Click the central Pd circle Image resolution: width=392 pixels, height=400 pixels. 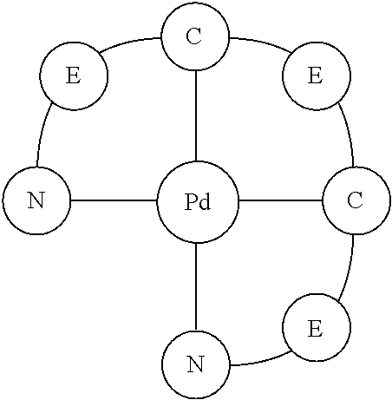[x=197, y=201]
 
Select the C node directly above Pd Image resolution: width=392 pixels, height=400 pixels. [x=195, y=37]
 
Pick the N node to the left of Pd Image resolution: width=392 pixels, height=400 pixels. [x=36, y=201]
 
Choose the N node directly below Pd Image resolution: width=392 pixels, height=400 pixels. [x=196, y=364]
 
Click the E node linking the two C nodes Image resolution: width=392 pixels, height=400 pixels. [x=316, y=76]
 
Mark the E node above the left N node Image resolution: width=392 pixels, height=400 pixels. [x=74, y=76]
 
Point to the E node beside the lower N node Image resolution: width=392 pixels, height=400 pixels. [x=316, y=329]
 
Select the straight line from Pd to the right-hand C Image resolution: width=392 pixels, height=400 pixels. [x=279, y=201]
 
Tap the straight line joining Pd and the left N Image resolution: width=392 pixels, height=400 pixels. [x=114, y=201]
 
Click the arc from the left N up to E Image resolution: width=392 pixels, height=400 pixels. [x=43, y=134]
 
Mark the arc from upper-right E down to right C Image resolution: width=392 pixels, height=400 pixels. [x=347, y=134]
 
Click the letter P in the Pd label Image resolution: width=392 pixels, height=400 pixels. [x=191, y=202]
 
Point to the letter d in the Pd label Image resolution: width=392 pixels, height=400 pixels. [x=206, y=202]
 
